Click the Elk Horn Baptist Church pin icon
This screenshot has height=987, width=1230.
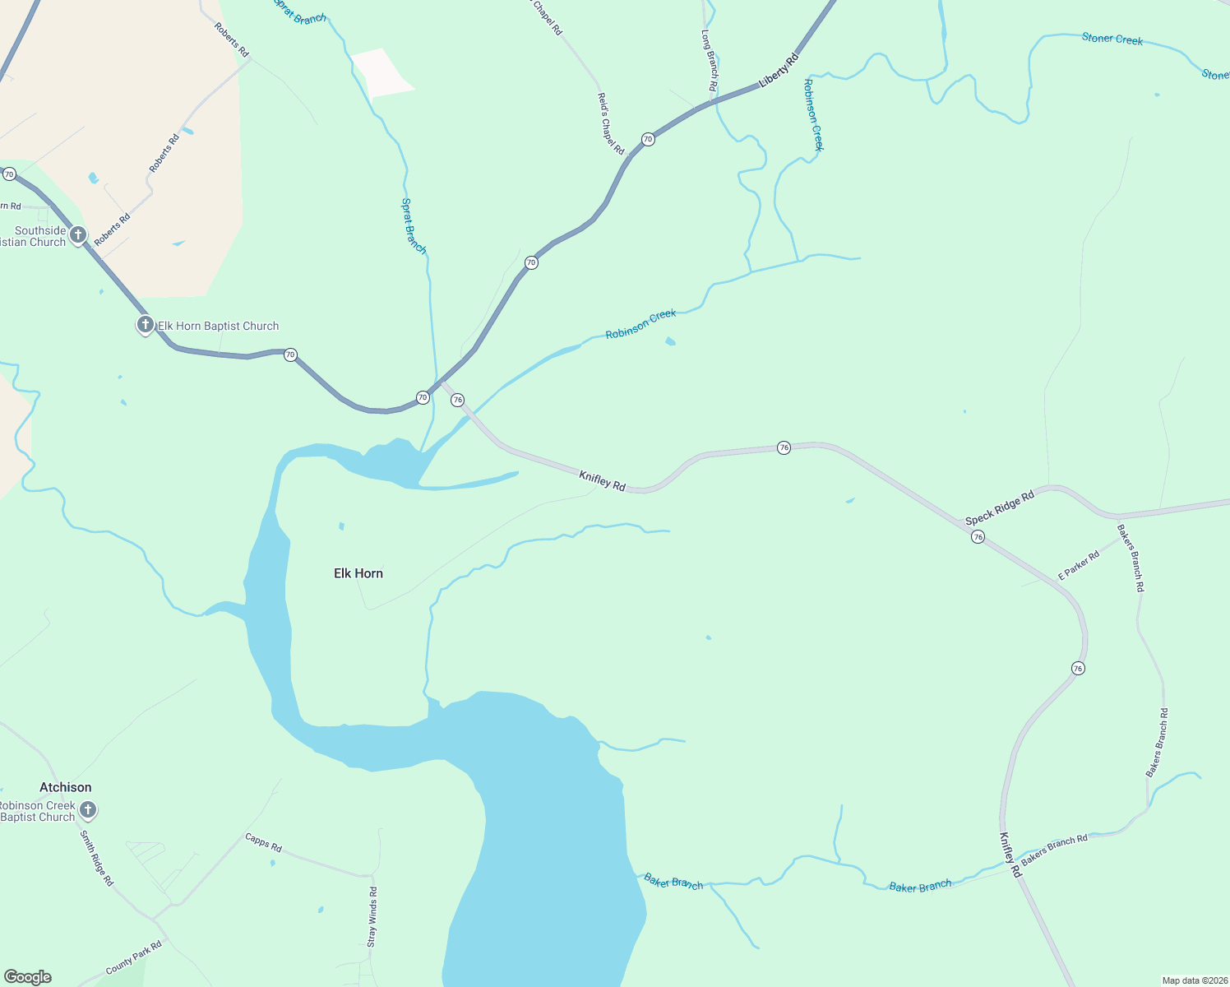pos(145,325)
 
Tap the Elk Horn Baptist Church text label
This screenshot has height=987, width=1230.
pos(219,327)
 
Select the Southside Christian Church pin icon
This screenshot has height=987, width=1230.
pos(78,235)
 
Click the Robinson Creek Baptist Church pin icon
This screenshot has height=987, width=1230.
pos(87,810)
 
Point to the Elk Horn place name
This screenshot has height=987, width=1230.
pos(358,573)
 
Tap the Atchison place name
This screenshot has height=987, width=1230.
pos(66,787)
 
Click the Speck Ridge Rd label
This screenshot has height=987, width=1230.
pos(999,508)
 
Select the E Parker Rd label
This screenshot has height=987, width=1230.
pos(1079,565)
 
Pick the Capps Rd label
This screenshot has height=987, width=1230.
pos(263,841)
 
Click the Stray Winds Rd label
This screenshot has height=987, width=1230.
pos(372,916)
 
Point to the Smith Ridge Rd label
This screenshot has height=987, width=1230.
pos(96,858)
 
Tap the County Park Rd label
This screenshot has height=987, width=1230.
pos(134,958)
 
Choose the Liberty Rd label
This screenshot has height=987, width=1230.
pos(779,70)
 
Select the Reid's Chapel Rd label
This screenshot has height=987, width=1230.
pos(610,123)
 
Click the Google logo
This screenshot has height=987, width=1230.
pos(28,977)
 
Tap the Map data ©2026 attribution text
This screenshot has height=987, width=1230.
pos(1194,980)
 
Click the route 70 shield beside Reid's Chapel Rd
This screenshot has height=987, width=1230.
pos(648,139)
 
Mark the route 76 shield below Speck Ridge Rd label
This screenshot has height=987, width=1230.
pos(978,536)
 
